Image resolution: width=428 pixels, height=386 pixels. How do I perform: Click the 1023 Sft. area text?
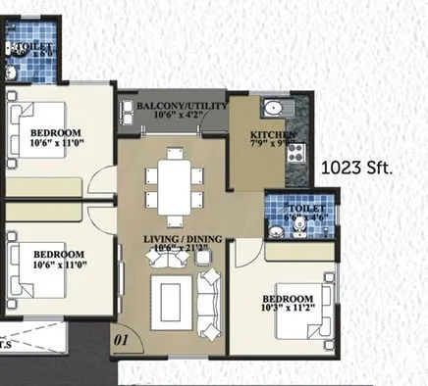(x=357, y=169)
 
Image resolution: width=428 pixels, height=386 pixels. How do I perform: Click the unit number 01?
(x=122, y=341)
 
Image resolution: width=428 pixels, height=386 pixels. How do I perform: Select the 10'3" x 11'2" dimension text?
(x=287, y=309)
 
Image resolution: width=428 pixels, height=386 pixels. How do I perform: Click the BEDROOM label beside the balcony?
(x=55, y=132)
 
